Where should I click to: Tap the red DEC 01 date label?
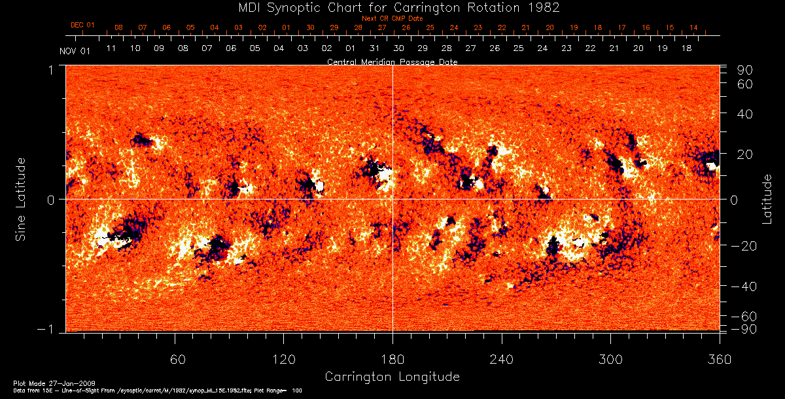pos(82,26)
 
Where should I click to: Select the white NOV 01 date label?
pos(74,51)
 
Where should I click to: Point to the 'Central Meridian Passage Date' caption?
pos(392,62)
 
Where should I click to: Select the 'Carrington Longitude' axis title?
pos(392,377)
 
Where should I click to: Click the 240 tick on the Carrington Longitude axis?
pos(502,359)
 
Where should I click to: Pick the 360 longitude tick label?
pos(720,359)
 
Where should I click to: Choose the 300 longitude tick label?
pos(610,359)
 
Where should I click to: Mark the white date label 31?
pos(374,48)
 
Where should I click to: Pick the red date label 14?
pos(693,28)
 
